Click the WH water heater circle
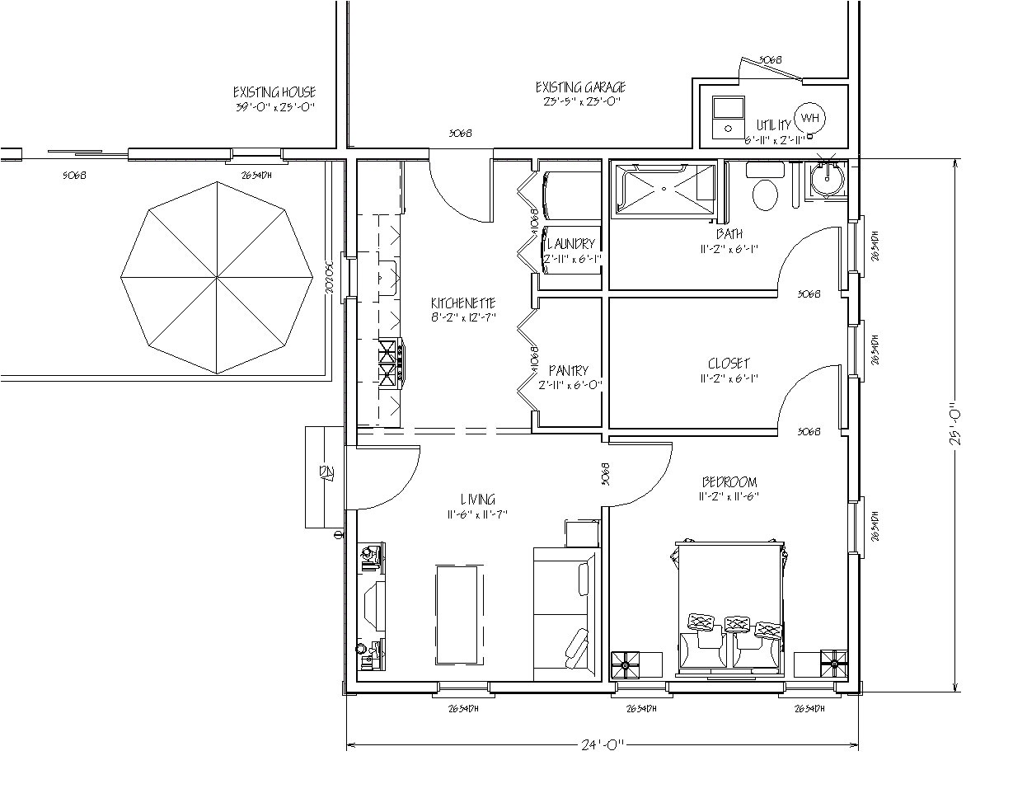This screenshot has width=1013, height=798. pos(810,118)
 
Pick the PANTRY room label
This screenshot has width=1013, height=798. pos(569,371)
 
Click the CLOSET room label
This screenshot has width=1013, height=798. pos(729,364)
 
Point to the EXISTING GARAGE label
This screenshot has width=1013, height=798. pos(580,87)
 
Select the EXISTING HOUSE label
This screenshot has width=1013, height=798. pos(274,92)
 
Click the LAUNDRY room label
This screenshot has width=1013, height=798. pos(570,244)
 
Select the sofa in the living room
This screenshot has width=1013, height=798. pos(565,613)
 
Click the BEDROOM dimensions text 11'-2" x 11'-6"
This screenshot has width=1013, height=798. pos(729,496)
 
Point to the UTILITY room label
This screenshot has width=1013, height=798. pos(774,125)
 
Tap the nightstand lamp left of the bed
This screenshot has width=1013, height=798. pos(626,662)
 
